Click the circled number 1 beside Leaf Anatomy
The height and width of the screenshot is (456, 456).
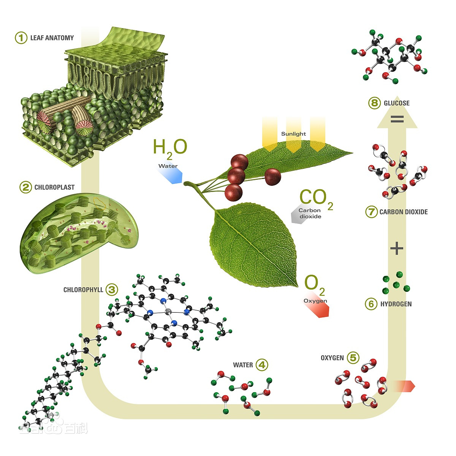click(21, 38)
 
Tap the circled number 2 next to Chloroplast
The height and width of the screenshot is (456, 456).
click(25, 187)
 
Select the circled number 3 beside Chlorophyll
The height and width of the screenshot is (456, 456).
click(112, 290)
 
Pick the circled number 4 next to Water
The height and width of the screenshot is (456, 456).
click(262, 365)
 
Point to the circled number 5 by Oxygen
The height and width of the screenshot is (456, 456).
click(353, 358)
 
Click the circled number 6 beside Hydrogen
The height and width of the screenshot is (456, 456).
click(371, 304)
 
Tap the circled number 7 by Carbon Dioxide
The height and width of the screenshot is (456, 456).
click(371, 212)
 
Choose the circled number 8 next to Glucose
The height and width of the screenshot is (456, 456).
click(375, 103)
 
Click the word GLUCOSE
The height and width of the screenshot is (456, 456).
click(397, 103)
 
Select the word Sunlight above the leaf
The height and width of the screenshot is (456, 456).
click(293, 134)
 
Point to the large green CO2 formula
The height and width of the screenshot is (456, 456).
click(317, 199)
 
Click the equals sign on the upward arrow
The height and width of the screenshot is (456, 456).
click(397, 119)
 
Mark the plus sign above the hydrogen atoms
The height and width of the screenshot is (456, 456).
click(397, 249)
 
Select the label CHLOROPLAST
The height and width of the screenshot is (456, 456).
click(54, 187)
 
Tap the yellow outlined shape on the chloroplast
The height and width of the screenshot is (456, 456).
click(100, 203)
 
